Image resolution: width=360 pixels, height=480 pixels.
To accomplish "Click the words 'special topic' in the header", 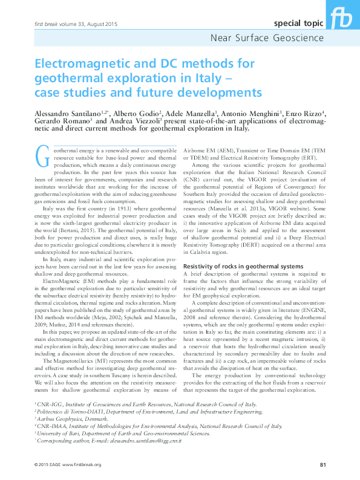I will (296, 24).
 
